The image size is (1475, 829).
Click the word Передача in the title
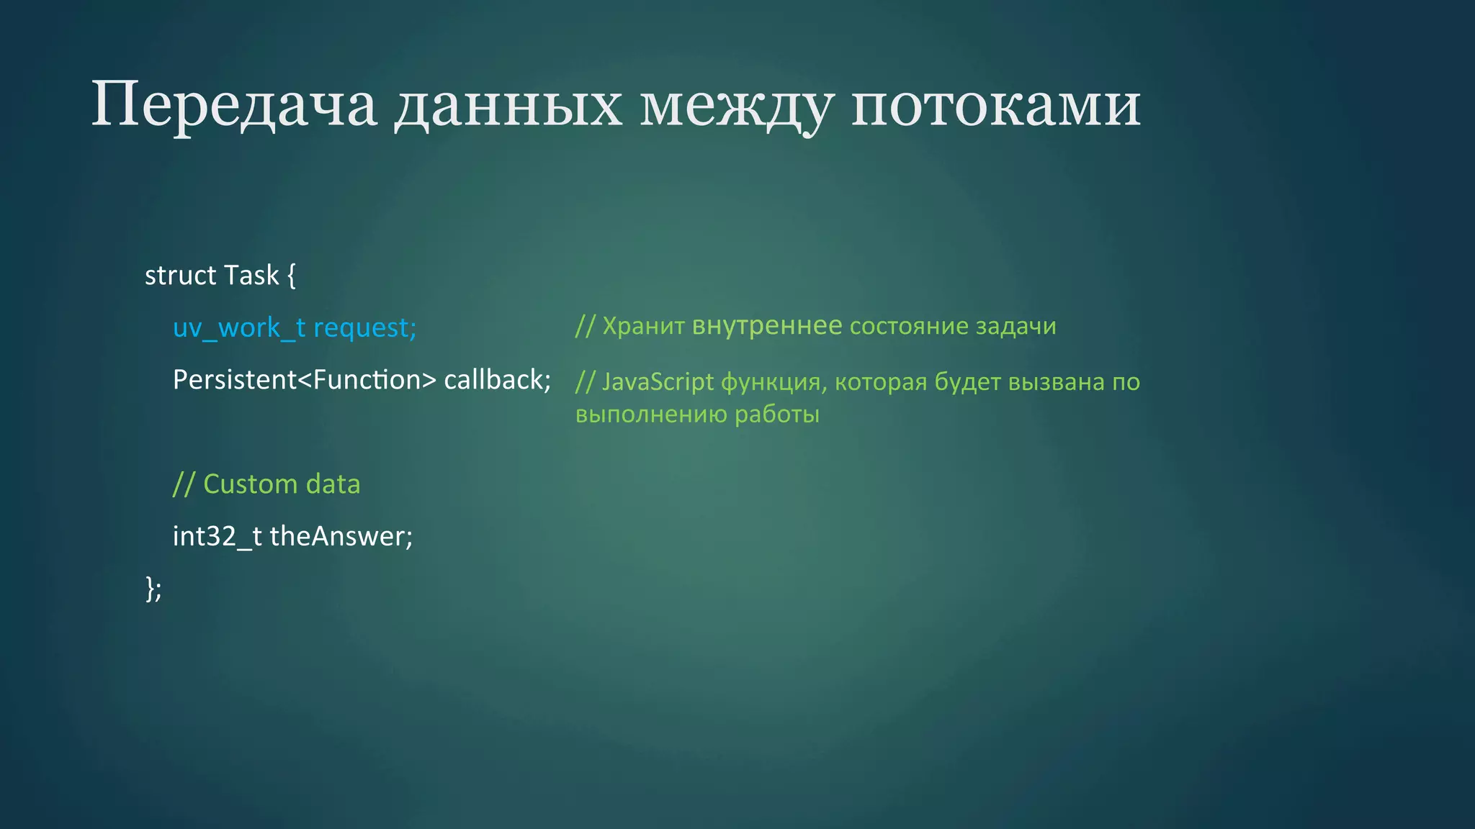pyautogui.click(x=233, y=105)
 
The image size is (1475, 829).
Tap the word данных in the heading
pyautogui.click(x=508, y=105)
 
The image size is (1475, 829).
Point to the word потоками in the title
pyautogui.click(x=995, y=105)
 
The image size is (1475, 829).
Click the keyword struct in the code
pyautogui.click(x=180, y=276)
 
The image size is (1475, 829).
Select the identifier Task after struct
pyautogui.click(x=251, y=276)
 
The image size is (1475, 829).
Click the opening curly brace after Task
pyautogui.click(x=291, y=276)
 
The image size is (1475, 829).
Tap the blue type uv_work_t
pyautogui.click(x=238, y=328)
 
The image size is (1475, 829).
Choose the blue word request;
pyautogui.click(x=364, y=328)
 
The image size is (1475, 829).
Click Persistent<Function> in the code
pyautogui.click(x=304, y=380)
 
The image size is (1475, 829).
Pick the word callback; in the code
pyautogui.click(x=497, y=380)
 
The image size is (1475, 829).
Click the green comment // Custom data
pyautogui.click(x=266, y=484)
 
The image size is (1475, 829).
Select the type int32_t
pyautogui.click(x=217, y=537)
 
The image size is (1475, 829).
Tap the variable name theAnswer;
pyautogui.click(x=341, y=537)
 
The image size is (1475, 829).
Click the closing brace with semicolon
pyautogui.click(x=153, y=589)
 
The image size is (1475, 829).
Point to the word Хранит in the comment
pyautogui.click(x=643, y=327)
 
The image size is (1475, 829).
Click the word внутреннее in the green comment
pyautogui.click(x=766, y=327)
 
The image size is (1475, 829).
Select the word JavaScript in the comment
pyautogui.click(x=658, y=382)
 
